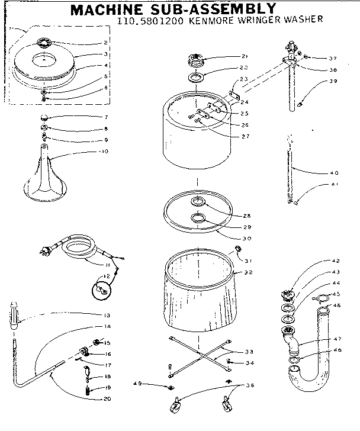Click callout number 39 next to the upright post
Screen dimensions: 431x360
coord(333,81)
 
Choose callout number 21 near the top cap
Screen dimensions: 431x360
coord(228,56)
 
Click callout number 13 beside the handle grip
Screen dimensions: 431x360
coord(107,314)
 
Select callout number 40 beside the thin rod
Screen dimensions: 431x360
coord(334,173)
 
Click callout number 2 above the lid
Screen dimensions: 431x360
coord(105,43)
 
